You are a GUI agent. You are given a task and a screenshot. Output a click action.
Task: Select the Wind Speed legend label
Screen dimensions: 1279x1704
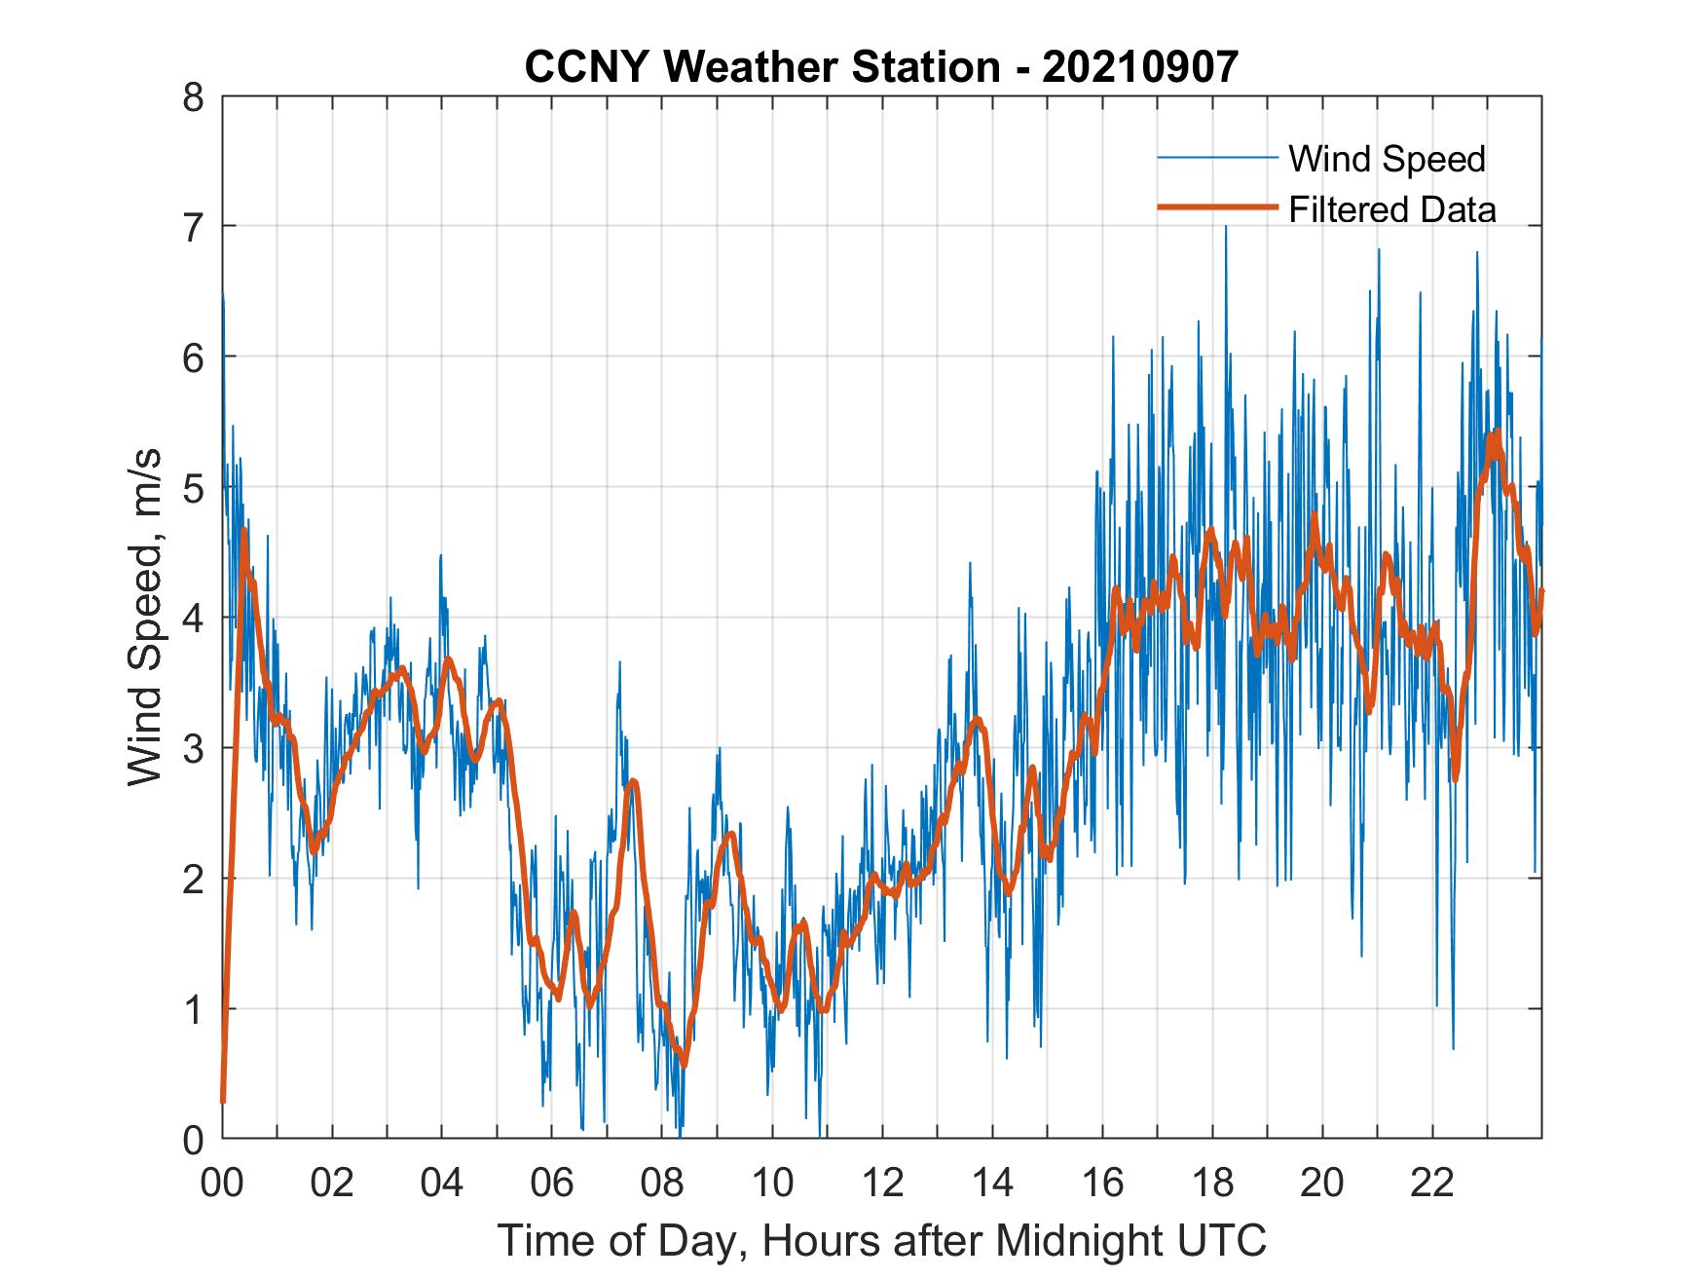click(1387, 159)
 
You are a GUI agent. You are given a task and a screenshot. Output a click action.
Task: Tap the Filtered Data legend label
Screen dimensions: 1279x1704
click(1391, 209)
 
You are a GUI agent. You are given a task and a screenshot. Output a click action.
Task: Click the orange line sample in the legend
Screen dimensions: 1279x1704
click(1216, 208)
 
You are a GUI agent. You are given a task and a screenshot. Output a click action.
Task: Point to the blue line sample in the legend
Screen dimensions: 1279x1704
click(1216, 158)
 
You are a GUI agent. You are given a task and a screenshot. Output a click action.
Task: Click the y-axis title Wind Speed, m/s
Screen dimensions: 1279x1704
click(146, 618)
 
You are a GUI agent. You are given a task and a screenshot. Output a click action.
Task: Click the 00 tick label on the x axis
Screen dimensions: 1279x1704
click(222, 1183)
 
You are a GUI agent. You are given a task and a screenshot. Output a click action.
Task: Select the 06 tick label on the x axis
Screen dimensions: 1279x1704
click(552, 1183)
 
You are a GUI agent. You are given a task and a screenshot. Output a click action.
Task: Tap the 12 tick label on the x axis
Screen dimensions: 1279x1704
click(882, 1183)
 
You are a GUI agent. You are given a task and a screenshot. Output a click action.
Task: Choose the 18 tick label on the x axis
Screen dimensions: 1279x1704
click(1212, 1183)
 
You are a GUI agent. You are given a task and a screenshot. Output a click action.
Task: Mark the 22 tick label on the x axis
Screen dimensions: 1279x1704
click(1432, 1183)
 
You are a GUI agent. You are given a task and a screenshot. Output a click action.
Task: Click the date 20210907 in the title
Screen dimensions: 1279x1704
click(1140, 67)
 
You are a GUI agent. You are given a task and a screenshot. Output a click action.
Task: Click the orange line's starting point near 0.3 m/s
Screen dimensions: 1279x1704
click(223, 1100)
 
